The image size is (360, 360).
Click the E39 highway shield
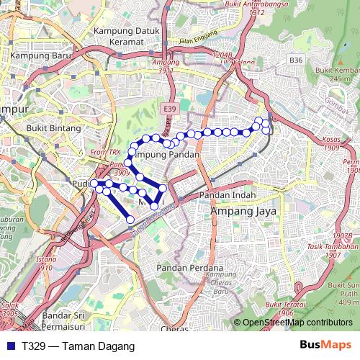pyautogui.click(x=169, y=108)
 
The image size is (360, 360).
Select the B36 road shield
pyautogui.click(x=296, y=60)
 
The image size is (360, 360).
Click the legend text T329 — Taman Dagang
pyautogui.click(x=69, y=346)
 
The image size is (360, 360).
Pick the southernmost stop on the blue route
pyautogui.click(x=130, y=219)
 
